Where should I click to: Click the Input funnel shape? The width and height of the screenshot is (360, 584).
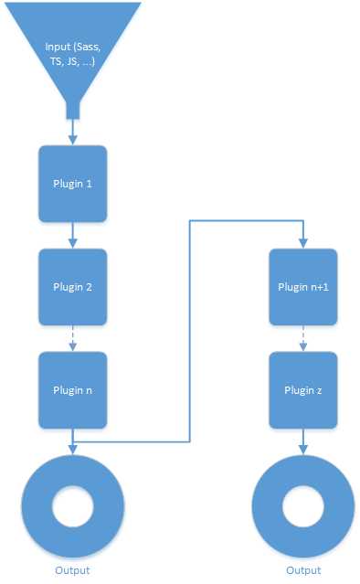coord(72,46)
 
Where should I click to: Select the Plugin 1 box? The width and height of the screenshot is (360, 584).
coord(72,182)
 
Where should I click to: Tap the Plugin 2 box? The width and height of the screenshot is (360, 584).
coord(72,285)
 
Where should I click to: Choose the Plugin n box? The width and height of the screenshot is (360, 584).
coord(72,389)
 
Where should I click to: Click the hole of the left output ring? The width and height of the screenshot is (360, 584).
coord(72,506)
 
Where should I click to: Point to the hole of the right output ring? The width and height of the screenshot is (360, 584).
coord(302,506)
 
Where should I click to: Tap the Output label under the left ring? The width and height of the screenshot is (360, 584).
coord(72,570)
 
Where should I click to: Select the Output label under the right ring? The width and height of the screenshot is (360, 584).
coord(302,570)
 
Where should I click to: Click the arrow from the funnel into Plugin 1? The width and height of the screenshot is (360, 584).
coord(72,133)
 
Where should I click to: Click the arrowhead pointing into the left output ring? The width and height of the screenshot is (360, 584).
coord(72,449)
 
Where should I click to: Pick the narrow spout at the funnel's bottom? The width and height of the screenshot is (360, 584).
coord(72,110)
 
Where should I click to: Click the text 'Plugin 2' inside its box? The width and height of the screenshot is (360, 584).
coord(72,285)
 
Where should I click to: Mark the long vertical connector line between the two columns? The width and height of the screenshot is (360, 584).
coord(189,329)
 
